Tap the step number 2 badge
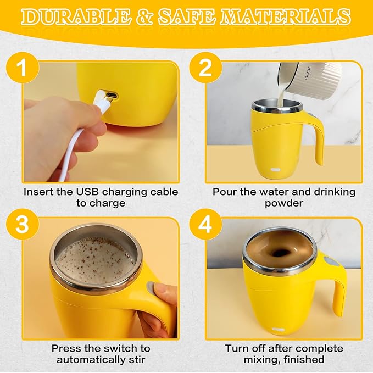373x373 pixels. click(204, 70)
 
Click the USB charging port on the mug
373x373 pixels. click(112, 97)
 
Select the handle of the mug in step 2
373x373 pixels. click(317, 137)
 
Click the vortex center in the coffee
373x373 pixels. click(281, 253)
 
